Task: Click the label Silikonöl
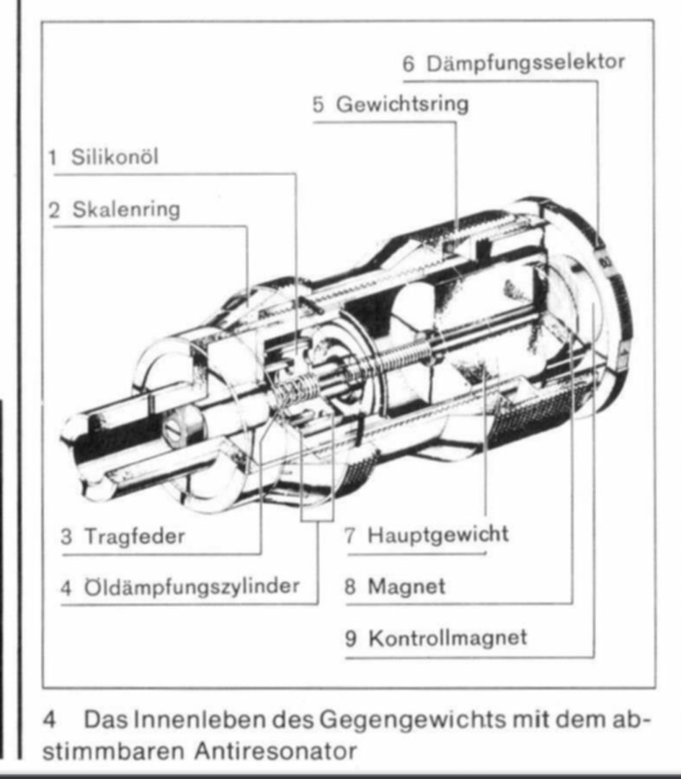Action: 115,157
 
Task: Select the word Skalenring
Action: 126,209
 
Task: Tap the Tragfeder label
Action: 135,537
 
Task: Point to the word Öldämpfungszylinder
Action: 192,586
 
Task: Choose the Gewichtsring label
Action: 402,105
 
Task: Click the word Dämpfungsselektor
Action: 525,63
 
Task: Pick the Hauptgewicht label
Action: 438,535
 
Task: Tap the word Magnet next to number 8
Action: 406,586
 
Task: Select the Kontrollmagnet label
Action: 448,638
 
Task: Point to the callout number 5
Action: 318,105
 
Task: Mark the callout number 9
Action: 351,638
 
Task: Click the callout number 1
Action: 53,157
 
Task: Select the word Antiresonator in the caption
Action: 275,751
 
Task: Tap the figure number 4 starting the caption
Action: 49,721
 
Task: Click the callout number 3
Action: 66,537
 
